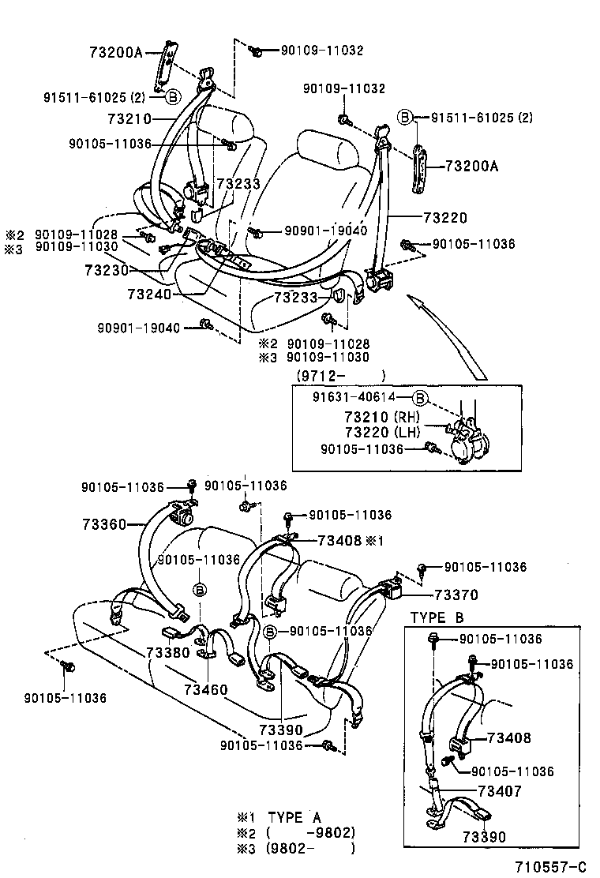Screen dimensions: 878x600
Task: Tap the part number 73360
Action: [103, 523]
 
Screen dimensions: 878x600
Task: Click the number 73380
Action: [168, 653]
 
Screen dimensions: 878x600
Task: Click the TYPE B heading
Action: [437, 617]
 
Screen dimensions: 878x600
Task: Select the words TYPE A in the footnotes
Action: [294, 817]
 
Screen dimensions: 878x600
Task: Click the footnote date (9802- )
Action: [310, 849]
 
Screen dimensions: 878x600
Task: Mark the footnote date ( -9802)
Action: [310, 833]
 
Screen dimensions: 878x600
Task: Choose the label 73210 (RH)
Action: [382, 417]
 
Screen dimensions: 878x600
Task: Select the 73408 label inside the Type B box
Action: [509, 738]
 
